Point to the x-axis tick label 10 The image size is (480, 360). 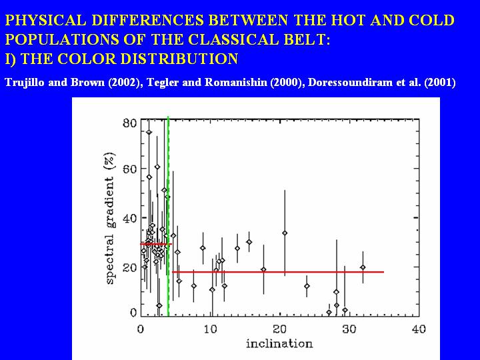pyautogui.click(x=211, y=329)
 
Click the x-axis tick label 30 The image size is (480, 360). pyautogui.click(x=349, y=329)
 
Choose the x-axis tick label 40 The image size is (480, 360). pyautogui.click(x=418, y=329)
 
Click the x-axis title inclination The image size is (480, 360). pyautogui.click(x=279, y=344)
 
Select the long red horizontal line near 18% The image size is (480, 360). pyautogui.click(x=280, y=272)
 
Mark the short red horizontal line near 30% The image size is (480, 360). pyautogui.click(x=155, y=244)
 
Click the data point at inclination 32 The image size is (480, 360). pyautogui.click(x=363, y=267)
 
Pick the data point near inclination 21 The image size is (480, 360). pyautogui.click(x=285, y=233)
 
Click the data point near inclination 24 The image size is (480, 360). pyautogui.click(x=307, y=286)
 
